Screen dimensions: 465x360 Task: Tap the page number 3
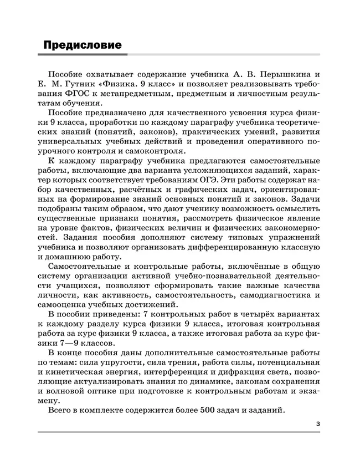[318, 424]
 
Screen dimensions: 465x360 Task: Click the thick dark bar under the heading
[83, 55]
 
